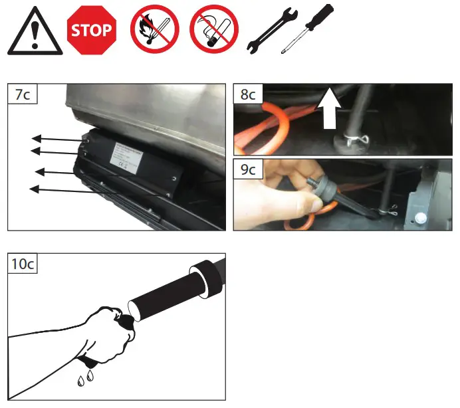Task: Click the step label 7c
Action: pyautogui.click(x=22, y=94)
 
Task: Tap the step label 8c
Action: pyautogui.click(x=248, y=94)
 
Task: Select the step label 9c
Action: pyautogui.click(x=248, y=170)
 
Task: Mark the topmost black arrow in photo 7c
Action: pyautogui.click(x=57, y=139)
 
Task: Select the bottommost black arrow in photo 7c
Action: pyautogui.click(x=57, y=190)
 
